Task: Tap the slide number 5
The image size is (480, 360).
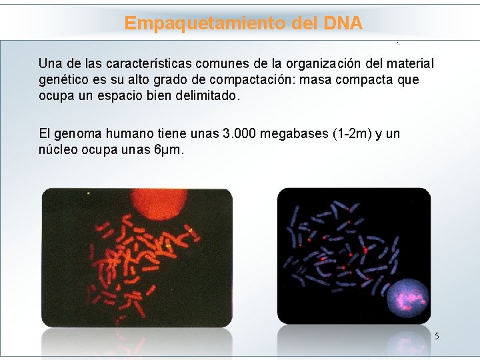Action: coord(437,336)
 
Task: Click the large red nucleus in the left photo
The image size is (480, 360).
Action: coord(161,206)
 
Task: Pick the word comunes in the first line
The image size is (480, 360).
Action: coord(227,65)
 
